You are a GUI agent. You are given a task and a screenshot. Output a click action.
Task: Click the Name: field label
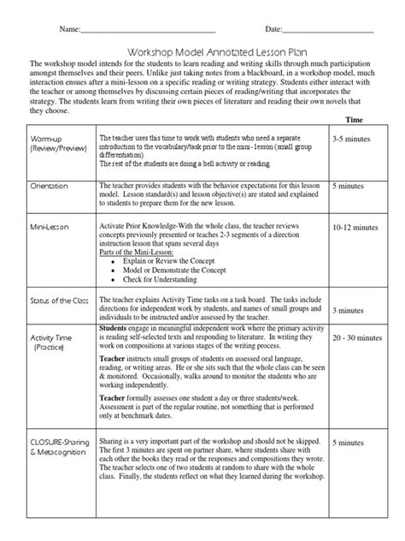coord(68,30)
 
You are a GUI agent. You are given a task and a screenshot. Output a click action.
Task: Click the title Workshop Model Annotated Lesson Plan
coord(202,51)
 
